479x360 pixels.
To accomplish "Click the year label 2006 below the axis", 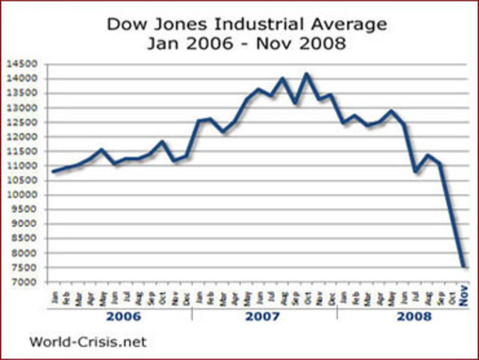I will pyautogui.click(x=122, y=316).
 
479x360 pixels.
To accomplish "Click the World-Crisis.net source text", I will pyautogui.click(x=88, y=342).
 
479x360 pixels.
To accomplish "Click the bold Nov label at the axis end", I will pyautogui.click(x=464, y=298).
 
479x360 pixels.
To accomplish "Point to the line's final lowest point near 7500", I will pyautogui.click(x=464, y=265).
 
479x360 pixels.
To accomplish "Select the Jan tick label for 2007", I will pyautogui.click(x=200, y=298).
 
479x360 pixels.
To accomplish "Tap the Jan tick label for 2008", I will pyautogui.click(x=343, y=298).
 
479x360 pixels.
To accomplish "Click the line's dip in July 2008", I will pyautogui.click(x=416, y=172).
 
